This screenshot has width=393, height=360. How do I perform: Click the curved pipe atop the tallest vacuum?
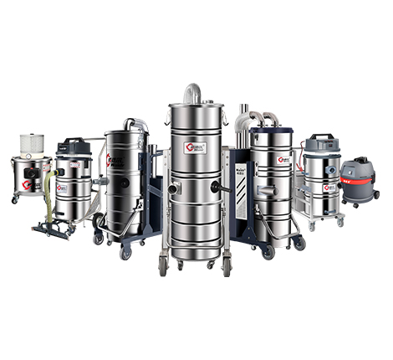[x=193, y=91]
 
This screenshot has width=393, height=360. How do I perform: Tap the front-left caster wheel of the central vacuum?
[x=162, y=267]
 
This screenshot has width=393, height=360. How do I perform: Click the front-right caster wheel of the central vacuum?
[x=225, y=268]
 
